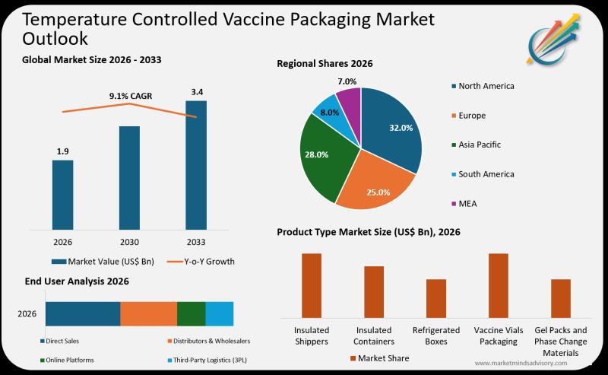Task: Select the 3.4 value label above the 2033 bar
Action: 196,92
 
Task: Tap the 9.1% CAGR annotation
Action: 130,96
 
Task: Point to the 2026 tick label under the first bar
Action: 63,242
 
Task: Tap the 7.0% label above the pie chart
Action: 347,81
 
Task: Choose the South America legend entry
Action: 486,174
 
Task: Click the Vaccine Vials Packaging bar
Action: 498,285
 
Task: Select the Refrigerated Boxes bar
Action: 435,298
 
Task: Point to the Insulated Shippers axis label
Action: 312,335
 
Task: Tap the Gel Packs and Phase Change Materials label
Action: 561,341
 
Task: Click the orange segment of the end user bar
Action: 149,313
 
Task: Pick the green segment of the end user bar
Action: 192,313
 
